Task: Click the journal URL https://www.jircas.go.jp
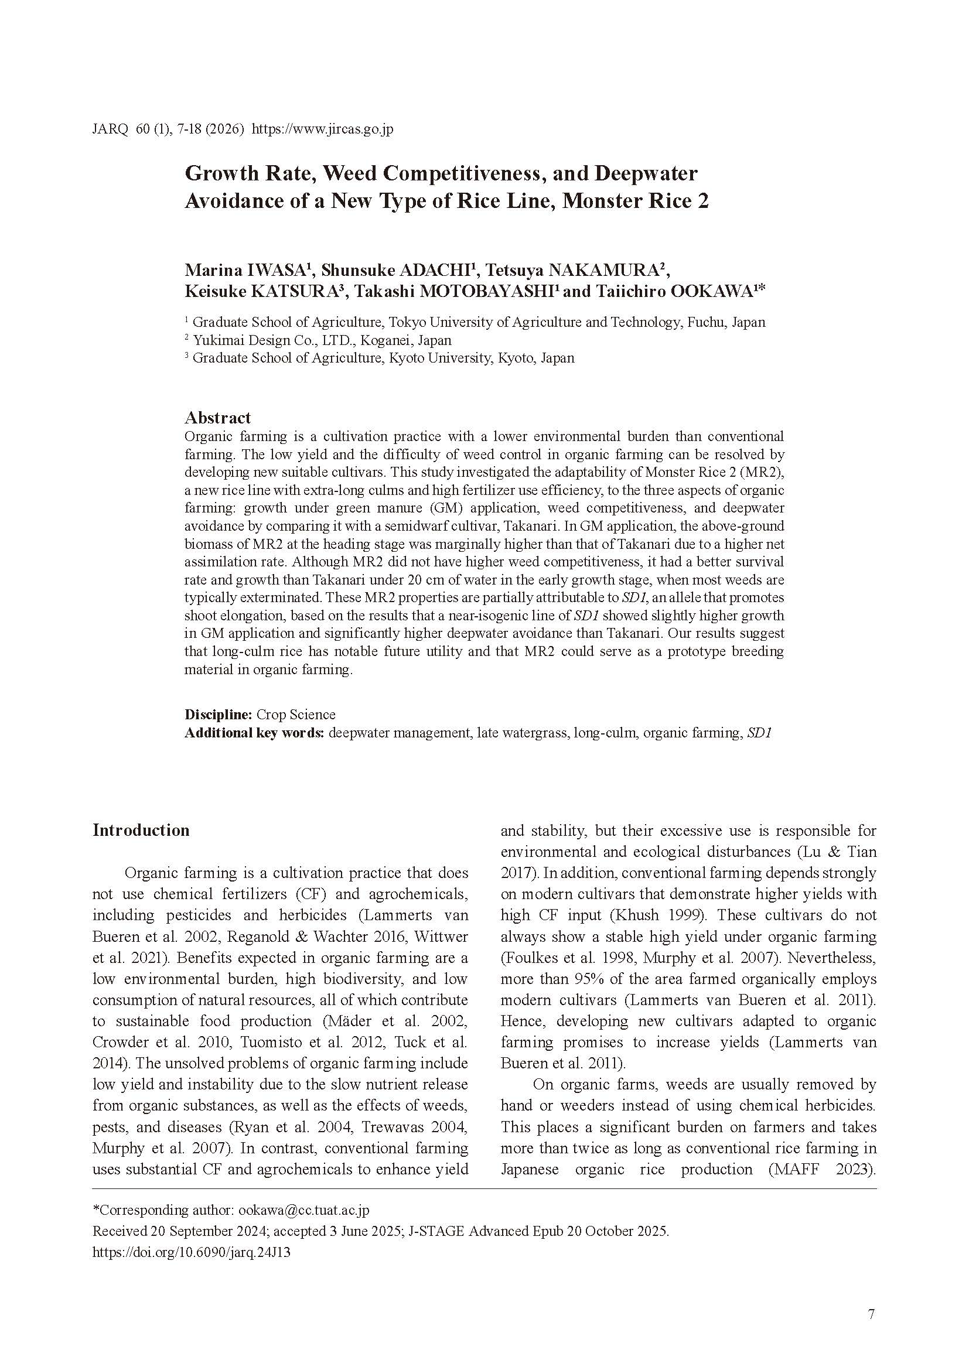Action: click(x=322, y=129)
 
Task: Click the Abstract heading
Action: click(x=217, y=418)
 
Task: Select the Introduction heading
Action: click(x=141, y=830)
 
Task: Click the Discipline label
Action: click(x=219, y=714)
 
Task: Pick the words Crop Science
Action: click(x=295, y=714)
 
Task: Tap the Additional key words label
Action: click(x=254, y=733)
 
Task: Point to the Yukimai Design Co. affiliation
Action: click(x=322, y=340)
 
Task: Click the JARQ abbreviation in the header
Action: click(x=110, y=129)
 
